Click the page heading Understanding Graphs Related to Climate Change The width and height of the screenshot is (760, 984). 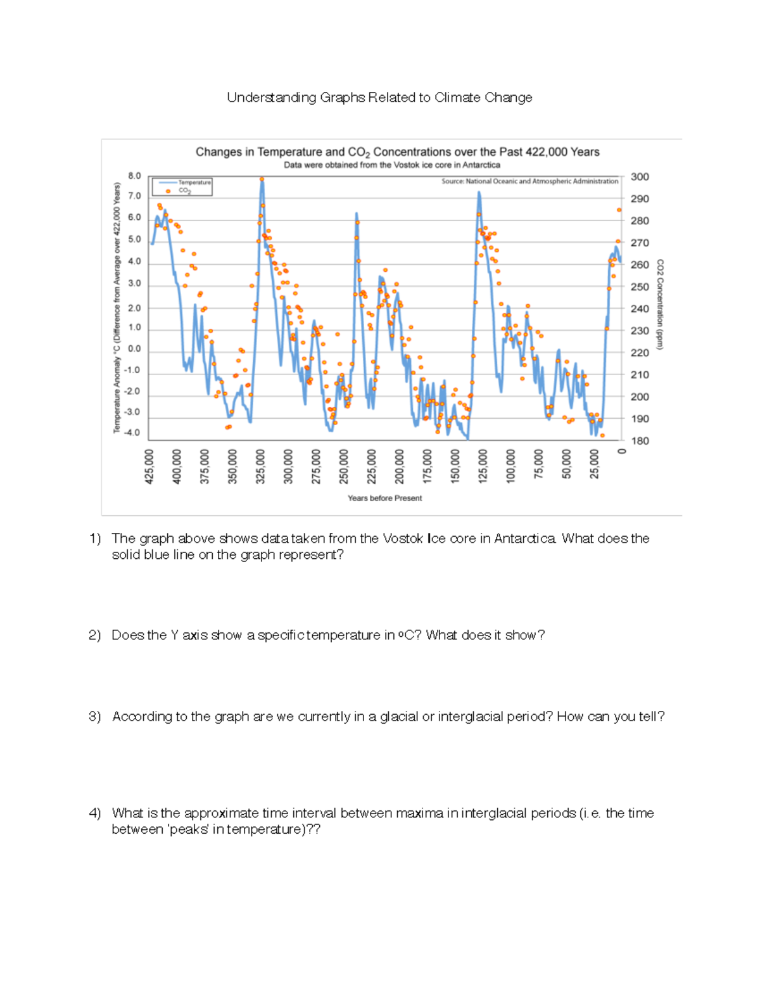(379, 98)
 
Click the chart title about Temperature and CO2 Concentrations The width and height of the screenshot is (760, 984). (397, 152)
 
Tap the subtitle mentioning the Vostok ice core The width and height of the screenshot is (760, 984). (391, 165)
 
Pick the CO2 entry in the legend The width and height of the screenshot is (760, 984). (184, 191)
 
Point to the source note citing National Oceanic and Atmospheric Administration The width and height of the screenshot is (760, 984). (529, 181)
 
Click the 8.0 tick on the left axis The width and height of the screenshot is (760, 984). (134, 176)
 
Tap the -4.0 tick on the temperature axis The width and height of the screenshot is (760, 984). (132, 433)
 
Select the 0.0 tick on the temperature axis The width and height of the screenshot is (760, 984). (134, 349)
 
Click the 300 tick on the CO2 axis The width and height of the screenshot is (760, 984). (640, 177)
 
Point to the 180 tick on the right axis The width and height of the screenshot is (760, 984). (640, 441)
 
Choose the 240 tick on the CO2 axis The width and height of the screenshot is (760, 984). (640, 309)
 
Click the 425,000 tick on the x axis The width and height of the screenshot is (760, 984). (149, 467)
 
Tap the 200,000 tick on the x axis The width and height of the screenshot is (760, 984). (399, 467)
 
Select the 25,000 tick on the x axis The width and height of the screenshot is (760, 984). (594, 467)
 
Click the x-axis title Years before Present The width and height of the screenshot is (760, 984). (384, 499)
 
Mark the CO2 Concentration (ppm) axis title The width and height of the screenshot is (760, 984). (660, 304)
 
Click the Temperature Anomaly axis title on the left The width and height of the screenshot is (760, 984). (117, 308)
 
